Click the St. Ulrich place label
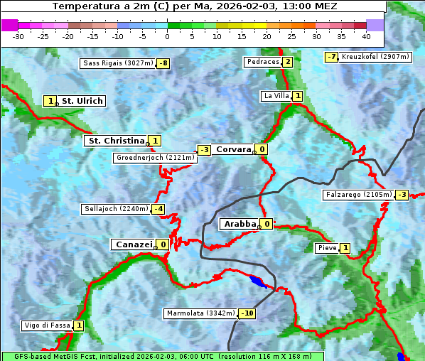[82, 101]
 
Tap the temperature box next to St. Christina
[155, 141]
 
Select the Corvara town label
[233, 149]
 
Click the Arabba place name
[240, 224]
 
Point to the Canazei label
[133, 244]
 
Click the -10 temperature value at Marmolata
[247, 313]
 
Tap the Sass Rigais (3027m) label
[118, 63]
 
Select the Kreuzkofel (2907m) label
[375, 56]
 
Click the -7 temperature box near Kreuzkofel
[331, 57]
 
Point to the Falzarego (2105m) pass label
[358, 194]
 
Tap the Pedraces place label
[262, 62]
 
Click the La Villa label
[276, 96]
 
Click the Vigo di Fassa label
[47, 325]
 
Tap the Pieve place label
[327, 248]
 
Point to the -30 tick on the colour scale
[18, 36]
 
